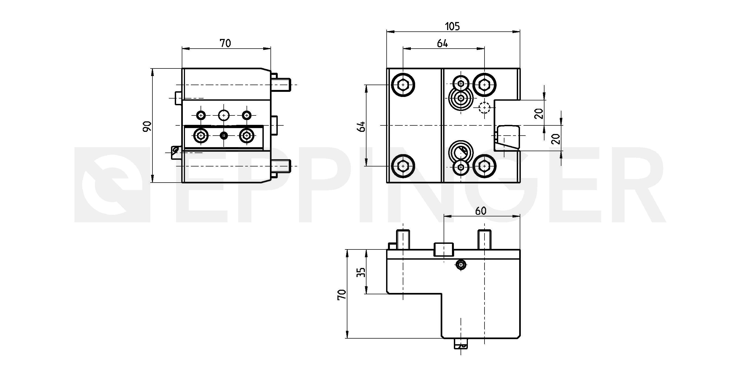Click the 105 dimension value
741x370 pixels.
(453, 26)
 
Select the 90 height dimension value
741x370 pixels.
(147, 126)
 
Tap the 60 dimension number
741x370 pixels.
(481, 211)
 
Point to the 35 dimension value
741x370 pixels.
(361, 272)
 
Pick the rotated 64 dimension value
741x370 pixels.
(361, 126)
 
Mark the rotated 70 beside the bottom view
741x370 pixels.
(341, 295)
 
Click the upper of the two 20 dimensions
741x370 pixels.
(539, 114)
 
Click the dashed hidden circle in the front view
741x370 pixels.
(485, 108)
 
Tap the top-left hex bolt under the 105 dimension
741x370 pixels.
(403, 85)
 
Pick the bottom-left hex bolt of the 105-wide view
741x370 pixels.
(403, 166)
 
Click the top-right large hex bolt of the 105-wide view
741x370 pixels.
(485, 85)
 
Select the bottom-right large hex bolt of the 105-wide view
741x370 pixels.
(485, 166)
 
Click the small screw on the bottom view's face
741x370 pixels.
(461, 264)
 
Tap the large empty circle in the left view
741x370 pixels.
(223, 115)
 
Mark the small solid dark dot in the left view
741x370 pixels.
(223, 135)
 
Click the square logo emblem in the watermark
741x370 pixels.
(112, 185)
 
